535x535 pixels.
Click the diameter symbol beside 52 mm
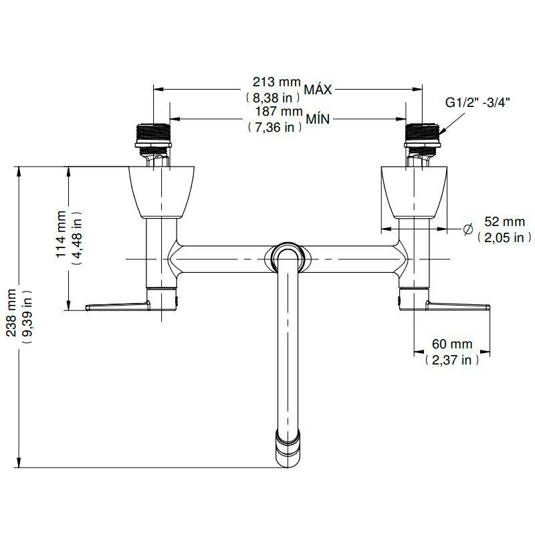tap(468, 231)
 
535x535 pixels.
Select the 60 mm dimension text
tap(452, 344)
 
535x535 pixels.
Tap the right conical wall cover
tap(413, 191)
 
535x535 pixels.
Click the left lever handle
tap(120, 306)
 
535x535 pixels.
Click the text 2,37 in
tap(452, 360)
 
